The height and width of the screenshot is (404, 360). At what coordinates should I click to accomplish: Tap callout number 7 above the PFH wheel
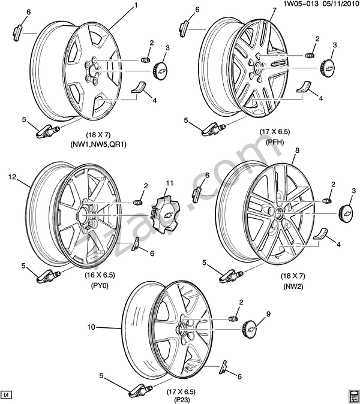tap(274, 10)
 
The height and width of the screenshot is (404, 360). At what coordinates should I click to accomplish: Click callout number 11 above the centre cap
tap(169, 183)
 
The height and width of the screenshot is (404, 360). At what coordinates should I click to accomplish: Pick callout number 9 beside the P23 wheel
tap(268, 313)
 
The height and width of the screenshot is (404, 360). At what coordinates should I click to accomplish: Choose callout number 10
tap(92, 327)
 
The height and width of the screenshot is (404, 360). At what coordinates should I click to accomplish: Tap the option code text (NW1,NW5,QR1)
tap(100, 144)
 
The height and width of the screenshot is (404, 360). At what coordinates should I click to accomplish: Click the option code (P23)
tap(183, 401)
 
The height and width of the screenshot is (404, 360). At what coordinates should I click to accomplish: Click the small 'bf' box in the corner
tap(7, 394)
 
